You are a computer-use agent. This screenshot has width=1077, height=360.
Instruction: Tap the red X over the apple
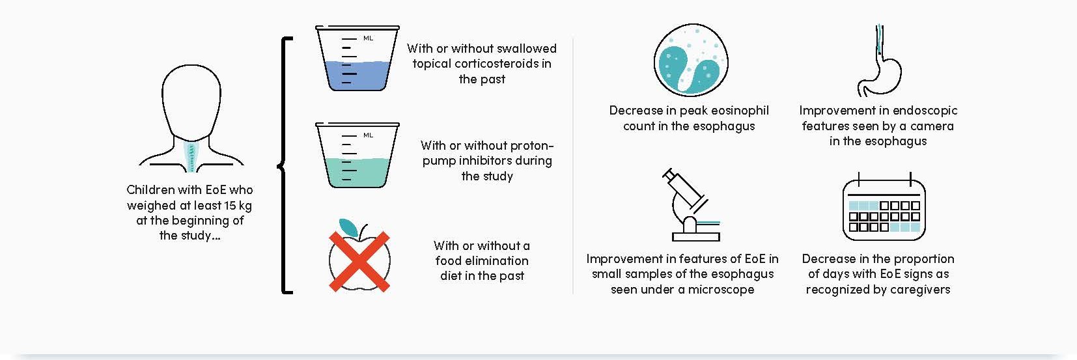(x=359, y=261)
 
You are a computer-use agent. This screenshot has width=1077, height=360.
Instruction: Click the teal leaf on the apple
(x=348, y=227)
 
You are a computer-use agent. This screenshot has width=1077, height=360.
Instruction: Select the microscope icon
(x=692, y=205)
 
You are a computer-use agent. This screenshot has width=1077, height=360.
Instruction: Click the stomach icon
(x=880, y=61)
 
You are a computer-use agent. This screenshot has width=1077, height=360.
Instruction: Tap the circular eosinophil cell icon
(x=691, y=60)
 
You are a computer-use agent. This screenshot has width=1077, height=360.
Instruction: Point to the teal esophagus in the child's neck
(x=191, y=157)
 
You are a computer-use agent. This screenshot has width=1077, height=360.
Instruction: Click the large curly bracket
(x=285, y=165)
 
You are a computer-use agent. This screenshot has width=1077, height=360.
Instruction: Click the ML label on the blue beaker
(x=369, y=38)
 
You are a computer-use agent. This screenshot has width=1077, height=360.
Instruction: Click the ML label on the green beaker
(x=369, y=135)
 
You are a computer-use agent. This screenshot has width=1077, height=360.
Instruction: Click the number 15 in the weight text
(x=231, y=206)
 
